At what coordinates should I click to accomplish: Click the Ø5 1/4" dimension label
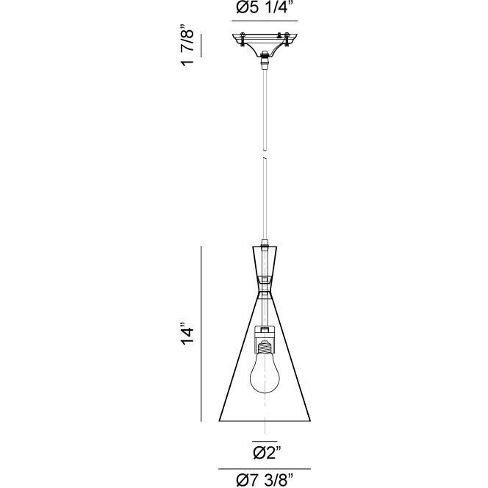tap(265, 10)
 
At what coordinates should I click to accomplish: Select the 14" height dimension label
tap(189, 334)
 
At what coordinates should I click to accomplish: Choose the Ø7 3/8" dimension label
tap(265, 480)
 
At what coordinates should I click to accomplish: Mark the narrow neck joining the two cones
tap(265, 283)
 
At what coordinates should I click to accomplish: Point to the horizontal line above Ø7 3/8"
tap(265, 468)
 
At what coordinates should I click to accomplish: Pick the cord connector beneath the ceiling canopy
tap(265, 64)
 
